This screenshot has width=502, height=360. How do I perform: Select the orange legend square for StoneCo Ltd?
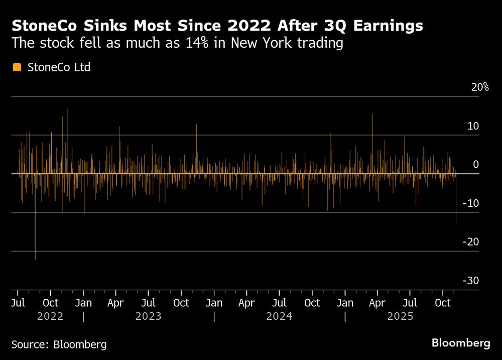pyautogui.click(x=17, y=67)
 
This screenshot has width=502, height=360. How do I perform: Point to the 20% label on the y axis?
pyautogui.click(x=479, y=87)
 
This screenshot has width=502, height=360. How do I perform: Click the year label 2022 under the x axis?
pyautogui.click(x=50, y=316)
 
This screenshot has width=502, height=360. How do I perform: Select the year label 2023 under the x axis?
pyautogui.click(x=149, y=316)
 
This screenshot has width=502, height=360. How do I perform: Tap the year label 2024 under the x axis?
pyautogui.click(x=280, y=316)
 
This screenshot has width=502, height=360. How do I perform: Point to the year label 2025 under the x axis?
pyautogui.click(x=400, y=316)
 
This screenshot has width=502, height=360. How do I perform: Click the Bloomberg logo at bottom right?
pyautogui.click(x=461, y=343)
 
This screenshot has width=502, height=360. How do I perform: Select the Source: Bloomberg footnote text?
pyautogui.click(x=59, y=344)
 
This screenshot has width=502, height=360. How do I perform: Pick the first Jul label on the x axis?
pyautogui.click(x=18, y=303)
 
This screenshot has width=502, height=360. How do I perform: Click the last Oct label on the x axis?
pyautogui.click(x=442, y=303)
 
